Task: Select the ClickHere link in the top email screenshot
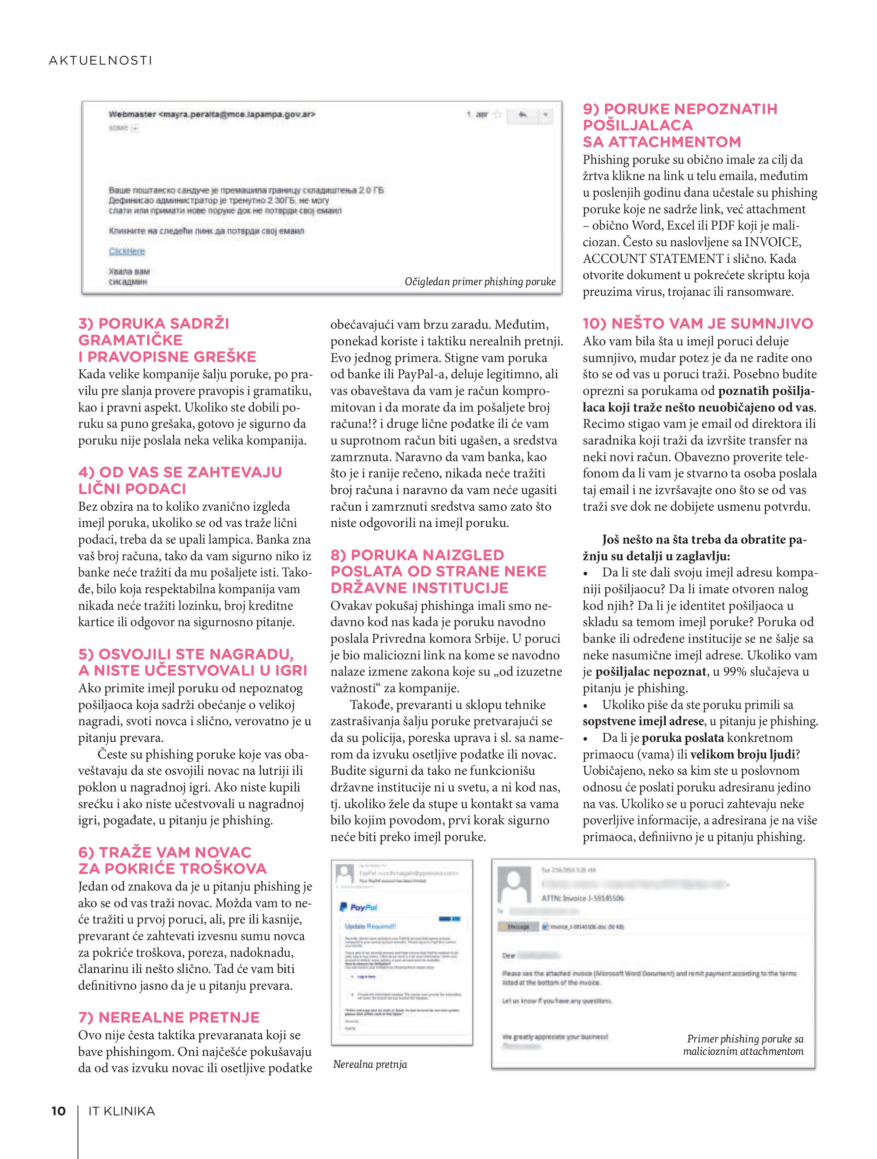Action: pyautogui.click(x=127, y=251)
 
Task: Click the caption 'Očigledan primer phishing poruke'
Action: pyautogui.click(x=480, y=282)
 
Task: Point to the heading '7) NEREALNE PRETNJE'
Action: pyautogui.click(x=169, y=1017)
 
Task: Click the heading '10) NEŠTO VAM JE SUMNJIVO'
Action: pyautogui.click(x=698, y=324)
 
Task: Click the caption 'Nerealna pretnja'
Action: pyautogui.click(x=370, y=1064)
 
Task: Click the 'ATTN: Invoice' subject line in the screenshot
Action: pyautogui.click(x=582, y=898)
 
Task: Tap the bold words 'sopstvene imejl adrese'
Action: pyautogui.click(x=643, y=722)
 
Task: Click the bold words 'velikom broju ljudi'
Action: pyautogui.click(x=742, y=755)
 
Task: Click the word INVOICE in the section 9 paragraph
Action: pyautogui.click(x=772, y=242)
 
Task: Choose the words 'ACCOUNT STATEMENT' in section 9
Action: pyautogui.click(x=653, y=259)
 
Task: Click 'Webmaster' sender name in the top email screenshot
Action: pyautogui.click(x=132, y=114)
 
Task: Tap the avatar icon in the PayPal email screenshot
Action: pyautogui.click(x=345, y=874)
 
